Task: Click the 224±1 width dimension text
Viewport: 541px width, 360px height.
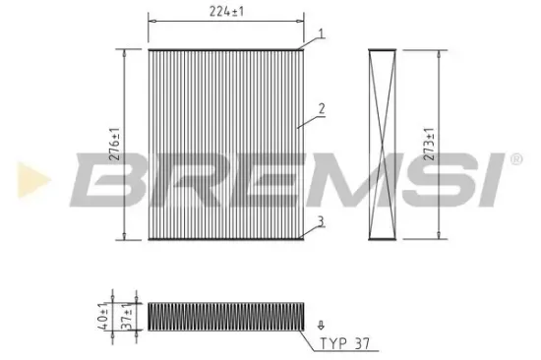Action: coord(224,12)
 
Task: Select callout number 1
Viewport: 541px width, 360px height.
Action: coord(321,35)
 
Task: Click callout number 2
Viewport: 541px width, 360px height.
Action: coord(321,108)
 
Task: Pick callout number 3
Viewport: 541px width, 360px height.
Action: coord(321,222)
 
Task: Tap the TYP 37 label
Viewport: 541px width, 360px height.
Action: coord(346,345)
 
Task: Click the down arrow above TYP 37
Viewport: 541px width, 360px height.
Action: coord(320,323)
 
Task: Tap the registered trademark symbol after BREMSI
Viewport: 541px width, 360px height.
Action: coord(513,157)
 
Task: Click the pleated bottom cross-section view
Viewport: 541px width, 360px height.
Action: coord(225,316)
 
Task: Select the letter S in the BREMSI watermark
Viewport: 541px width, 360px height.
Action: coord(416,179)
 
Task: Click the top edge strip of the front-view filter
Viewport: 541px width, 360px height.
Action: coord(224,47)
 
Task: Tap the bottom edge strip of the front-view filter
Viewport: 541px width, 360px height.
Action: coord(224,238)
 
